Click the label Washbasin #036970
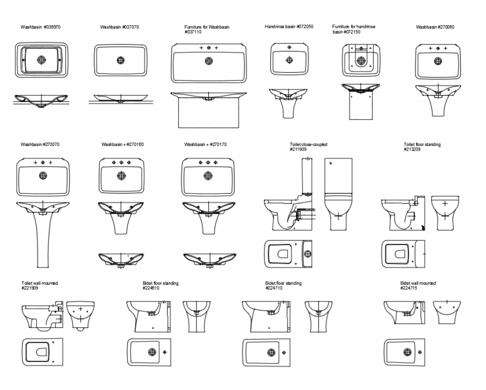point(40,27)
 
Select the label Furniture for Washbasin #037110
point(207,29)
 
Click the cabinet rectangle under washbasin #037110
point(209,114)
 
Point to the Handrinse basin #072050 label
point(289,27)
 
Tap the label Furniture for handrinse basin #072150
point(354,29)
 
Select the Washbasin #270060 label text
point(435,27)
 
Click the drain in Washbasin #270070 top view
point(44,176)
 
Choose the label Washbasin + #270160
point(122,144)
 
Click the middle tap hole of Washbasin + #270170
point(207,162)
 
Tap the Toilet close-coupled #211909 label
point(308,147)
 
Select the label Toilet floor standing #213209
point(422,147)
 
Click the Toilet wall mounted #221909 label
point(39,285)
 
